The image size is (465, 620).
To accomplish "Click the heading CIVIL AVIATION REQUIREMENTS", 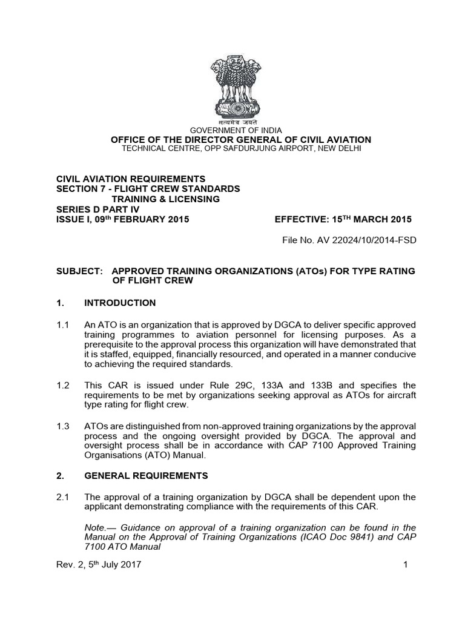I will click(131, 179).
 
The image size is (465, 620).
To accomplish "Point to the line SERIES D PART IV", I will click(97, 209).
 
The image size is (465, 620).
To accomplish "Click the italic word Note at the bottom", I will click(94, 527).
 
